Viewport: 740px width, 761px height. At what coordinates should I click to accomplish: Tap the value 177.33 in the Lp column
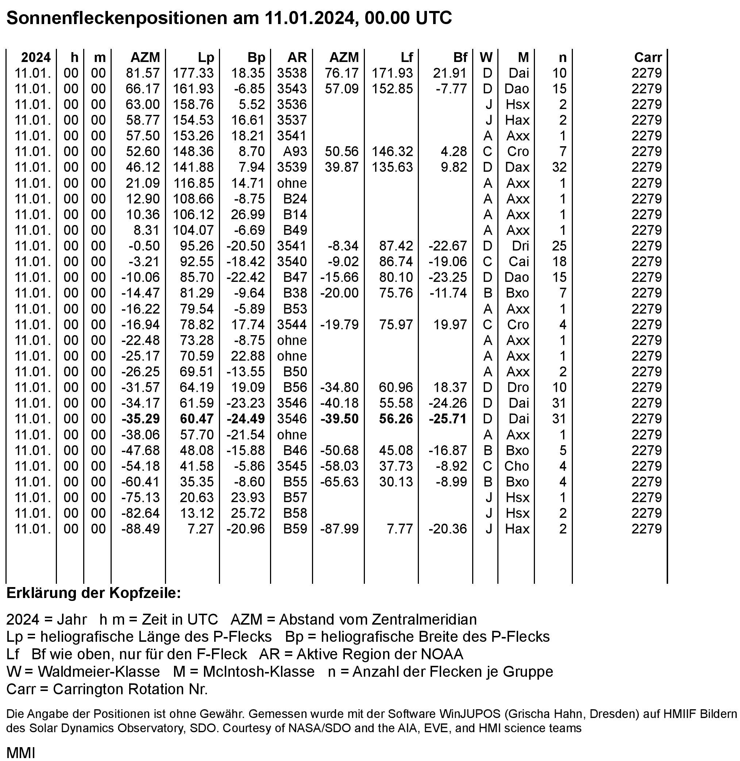(x=193, y=73)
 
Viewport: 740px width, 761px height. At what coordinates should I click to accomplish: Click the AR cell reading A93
(x=295, y=151)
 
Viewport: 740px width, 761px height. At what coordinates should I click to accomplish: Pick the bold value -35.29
(x=140, y=419)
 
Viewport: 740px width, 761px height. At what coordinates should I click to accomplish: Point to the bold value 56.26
(x=396, y=419)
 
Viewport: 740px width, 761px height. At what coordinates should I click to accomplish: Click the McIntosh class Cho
(x=517, y=466)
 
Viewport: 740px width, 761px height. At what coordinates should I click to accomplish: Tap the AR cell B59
(x=295, y=529)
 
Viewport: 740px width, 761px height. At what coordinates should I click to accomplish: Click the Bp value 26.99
(x=248, y=214)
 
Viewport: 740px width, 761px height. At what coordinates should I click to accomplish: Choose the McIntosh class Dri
(x=520, y=246)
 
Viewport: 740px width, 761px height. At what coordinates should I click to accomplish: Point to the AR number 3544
(x=292, y=325)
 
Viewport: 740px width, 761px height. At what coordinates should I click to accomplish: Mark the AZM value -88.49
(x=140, y=529)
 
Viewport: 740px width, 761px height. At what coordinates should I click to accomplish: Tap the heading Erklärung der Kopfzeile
(x=94, y=593)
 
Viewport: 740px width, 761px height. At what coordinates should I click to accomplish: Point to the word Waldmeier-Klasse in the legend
(x=99, y=671)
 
